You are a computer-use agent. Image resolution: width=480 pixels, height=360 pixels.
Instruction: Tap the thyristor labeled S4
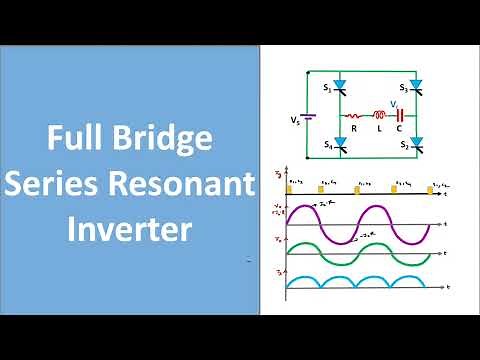339,148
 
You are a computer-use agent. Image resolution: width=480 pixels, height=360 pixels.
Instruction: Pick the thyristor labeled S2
416,147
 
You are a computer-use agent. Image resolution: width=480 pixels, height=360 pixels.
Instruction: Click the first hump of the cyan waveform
304,279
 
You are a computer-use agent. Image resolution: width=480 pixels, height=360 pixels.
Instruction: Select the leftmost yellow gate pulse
288,188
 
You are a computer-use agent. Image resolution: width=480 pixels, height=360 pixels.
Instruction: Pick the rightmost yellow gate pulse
429,188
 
